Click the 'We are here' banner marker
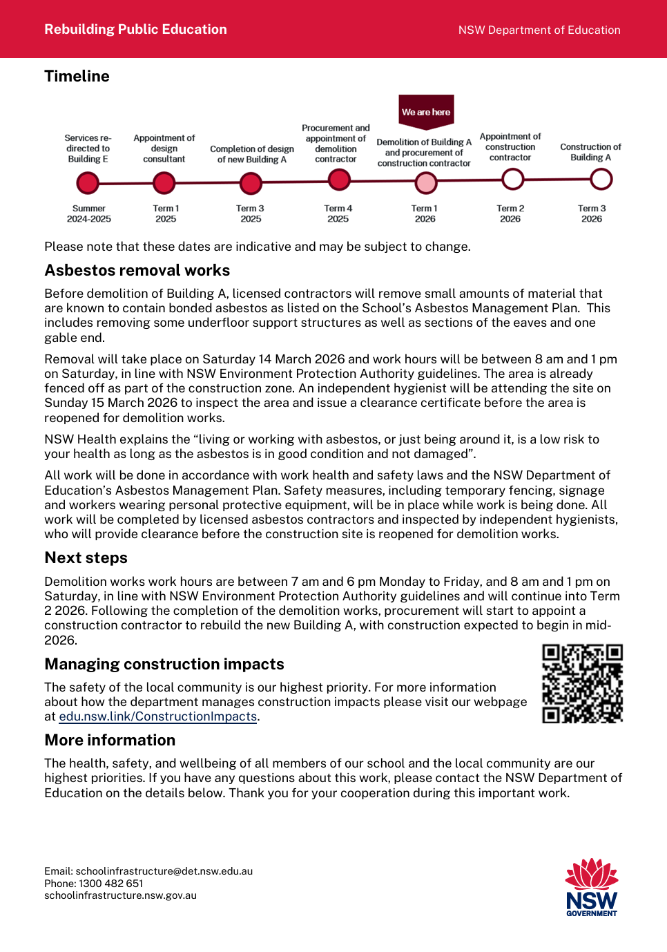426,111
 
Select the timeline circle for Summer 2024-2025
88,183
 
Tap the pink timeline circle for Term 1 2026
426,183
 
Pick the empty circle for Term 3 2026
601,180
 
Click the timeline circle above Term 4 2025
339,180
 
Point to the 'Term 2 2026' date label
510,213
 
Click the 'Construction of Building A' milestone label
590,152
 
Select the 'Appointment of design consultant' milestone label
164,149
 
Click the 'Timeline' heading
77,76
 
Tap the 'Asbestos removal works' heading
137,270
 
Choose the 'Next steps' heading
86,558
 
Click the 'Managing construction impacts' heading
164,664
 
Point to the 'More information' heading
110,740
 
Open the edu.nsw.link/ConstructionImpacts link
158,716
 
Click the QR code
582,683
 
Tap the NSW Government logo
592,887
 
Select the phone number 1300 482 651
111,884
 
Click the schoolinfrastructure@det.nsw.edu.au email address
164,871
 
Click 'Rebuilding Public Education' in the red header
135,29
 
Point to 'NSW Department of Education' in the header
539,30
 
